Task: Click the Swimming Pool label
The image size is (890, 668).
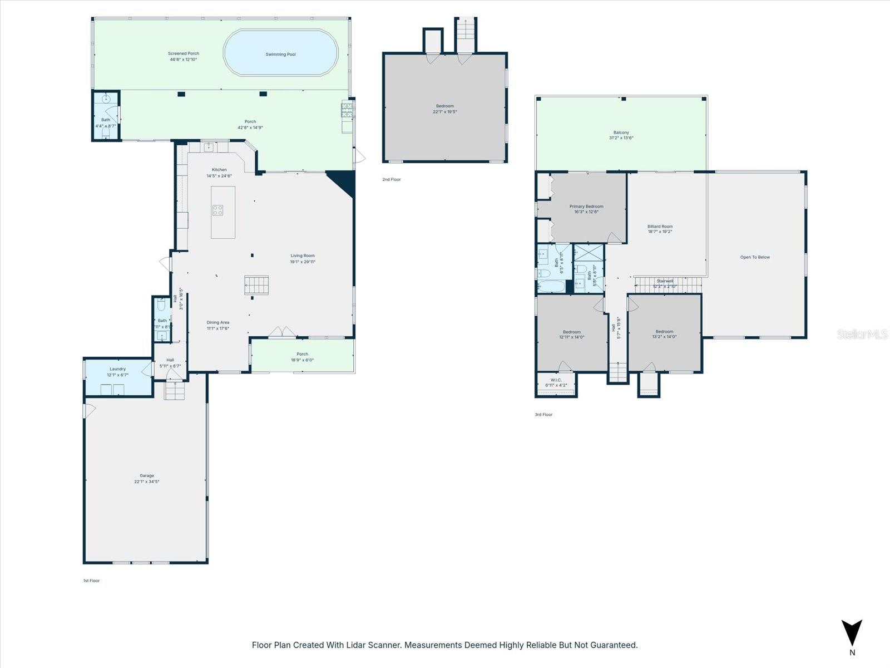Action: tap(280, 55)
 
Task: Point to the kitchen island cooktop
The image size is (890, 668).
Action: tap(217, 210)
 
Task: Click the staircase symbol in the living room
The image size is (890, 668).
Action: tap(256, 286)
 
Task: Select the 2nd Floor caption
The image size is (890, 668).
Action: tap(392, 180)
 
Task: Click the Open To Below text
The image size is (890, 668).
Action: tap(755, 257)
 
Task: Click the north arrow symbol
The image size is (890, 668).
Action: tap(852, 633)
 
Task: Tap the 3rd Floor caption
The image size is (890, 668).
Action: tap(544, 415)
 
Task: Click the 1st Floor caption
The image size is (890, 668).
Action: tap(92, 581)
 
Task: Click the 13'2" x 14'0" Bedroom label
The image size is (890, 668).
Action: tap(664, 334)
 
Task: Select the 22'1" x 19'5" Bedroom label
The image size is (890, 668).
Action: tap(445, 109)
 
